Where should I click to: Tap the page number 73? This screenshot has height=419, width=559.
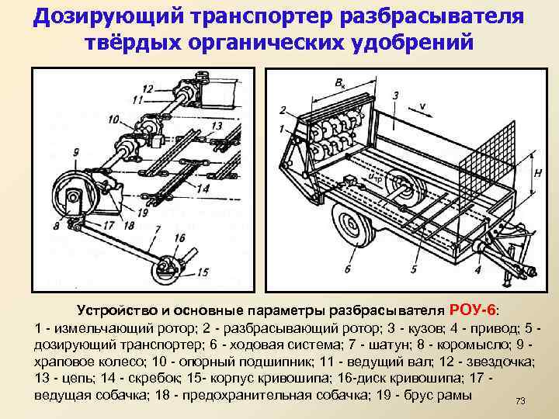[520, 400]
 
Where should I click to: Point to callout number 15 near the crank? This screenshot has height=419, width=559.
[203, 272]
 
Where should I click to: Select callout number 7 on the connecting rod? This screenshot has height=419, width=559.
[157, 230]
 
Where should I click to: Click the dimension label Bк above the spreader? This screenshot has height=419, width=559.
[340, 81]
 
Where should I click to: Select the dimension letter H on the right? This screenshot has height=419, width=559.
[537, 175]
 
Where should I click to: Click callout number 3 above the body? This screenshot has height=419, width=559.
[395, 95]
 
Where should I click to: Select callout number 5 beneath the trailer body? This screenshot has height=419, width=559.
[413, 269]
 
